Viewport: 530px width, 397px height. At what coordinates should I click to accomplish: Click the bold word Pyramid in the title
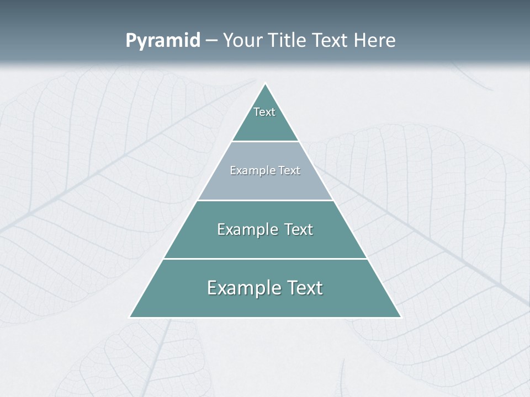(x=163, y=41)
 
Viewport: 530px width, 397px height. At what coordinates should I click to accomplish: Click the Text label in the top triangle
(x=264, y=112)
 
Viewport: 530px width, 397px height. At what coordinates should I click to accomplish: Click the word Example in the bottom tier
(x=241, y=288)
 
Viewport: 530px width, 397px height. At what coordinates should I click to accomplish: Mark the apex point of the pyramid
(x=266, y=84)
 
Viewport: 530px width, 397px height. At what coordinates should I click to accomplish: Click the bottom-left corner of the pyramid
(x=130, y=318)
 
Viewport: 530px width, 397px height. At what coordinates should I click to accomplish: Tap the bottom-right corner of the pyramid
(x=401, y=318)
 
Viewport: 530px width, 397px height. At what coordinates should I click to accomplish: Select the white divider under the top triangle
(x=265, y=142)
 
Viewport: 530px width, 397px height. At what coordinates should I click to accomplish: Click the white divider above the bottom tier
(x=265, y=259)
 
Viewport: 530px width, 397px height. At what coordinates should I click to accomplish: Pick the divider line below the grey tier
(x=265, y=200)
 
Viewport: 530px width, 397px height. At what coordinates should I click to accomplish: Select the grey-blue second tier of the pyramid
(x=265, y=185)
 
